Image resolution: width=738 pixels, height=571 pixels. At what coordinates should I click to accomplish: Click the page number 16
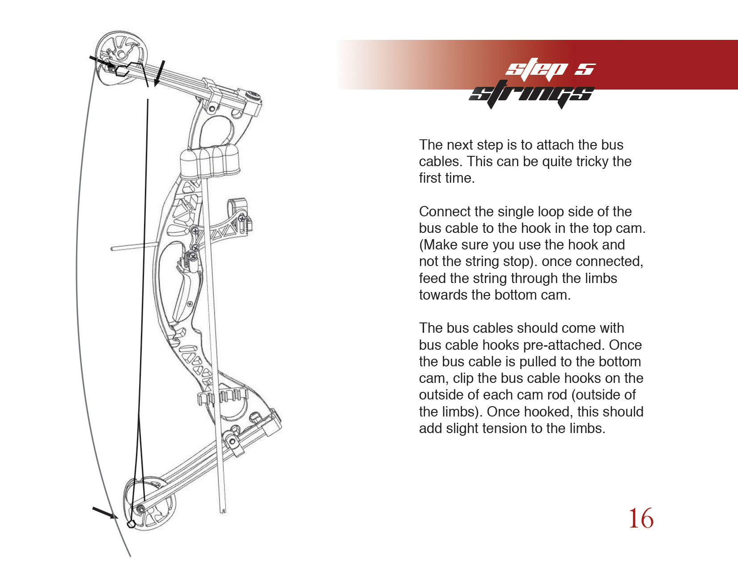pyautogui.click(x=641, y=519)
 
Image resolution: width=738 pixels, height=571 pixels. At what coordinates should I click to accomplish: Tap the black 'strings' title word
pyautogui.click(x=531, y=94)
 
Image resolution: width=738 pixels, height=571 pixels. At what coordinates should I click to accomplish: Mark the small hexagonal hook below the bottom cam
pyautogui.click(x=131, y=524)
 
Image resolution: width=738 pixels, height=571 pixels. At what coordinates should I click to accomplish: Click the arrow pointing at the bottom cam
pyautogui.click(x=105, y=513)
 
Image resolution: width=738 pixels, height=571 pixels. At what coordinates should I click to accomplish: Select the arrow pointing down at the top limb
pyautogui.click(x=159, y=73)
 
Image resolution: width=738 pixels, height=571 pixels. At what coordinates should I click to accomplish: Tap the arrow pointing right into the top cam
pyautogui.click(x=102, y=61)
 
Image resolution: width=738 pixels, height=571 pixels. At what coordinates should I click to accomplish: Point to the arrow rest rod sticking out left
pyautogui.click(x=135, y=247)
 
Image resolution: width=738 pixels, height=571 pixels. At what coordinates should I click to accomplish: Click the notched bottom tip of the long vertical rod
pyautogui.click(x=223, y=511)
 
